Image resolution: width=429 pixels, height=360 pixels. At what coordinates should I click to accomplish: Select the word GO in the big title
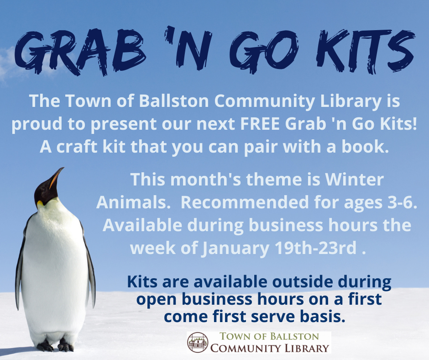(265, 51)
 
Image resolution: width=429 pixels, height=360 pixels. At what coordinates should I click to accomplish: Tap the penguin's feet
(55, 346)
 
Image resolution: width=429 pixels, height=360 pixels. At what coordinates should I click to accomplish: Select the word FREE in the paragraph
(260, 124)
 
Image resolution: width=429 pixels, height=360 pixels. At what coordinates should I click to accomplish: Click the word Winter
(354, 180)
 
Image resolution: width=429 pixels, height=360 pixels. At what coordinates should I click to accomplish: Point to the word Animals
(131, 203)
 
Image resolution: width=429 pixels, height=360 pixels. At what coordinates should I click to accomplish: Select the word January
(235, 249)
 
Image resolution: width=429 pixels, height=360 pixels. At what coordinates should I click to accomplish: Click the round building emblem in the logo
(198, 343)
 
